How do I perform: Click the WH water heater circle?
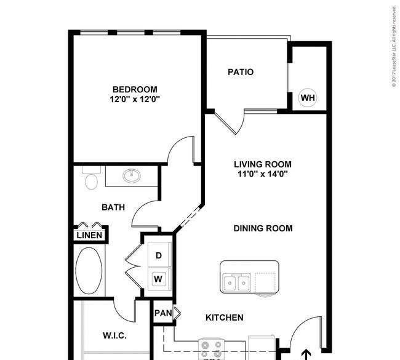click(x=308, y=97)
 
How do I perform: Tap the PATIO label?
click(x=241, y=72)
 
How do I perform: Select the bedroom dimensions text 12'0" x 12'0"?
click(x=135, y=99)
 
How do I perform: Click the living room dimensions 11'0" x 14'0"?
click(x=263, y=174)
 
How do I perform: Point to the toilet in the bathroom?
click(x=91, y=178)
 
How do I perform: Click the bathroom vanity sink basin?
click(x=131, y=175)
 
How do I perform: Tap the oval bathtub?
click(x=89, y=271)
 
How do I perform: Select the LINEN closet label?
click(x=89, y=235)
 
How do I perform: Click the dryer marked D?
click(x=159, y=255)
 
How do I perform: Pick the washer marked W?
click(x=158, y=279)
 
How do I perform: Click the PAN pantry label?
click(x=163, y=313)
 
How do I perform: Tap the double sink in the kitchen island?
click(x=236, y=282)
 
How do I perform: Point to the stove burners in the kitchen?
click(x=211, y=350)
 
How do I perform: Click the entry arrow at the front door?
click(x=306, y=354)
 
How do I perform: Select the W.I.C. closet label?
click(x=114, y=335)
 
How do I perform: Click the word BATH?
click(x=113, y=207)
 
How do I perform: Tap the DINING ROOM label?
click(x=263, y=228)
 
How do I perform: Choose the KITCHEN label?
click(x=225, y=318)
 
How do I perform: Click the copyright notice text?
click(x=394, y=46)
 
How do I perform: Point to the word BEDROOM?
click(x=135, y=89)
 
